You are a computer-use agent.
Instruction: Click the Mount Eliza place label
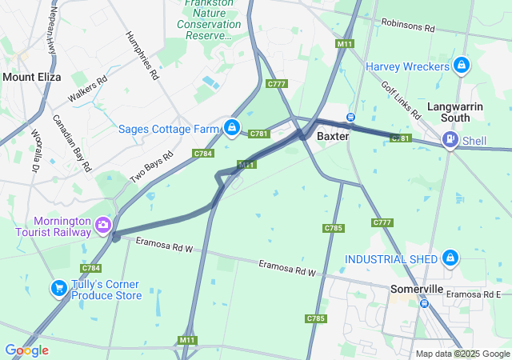30,78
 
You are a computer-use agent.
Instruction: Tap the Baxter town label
333,137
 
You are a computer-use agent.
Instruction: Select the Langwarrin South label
459,112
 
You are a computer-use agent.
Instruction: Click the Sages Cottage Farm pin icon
231,127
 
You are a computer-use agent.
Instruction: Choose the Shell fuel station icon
450,141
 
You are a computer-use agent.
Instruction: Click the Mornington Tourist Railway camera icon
102,226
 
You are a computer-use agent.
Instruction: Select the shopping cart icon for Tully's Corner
58,289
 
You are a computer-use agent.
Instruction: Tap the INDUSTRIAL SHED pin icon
450,258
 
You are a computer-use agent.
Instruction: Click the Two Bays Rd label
152,166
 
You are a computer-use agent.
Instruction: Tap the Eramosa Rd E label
474,294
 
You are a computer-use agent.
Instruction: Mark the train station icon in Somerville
425,303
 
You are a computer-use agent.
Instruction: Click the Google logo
26,350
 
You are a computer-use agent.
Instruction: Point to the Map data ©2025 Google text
462,354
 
